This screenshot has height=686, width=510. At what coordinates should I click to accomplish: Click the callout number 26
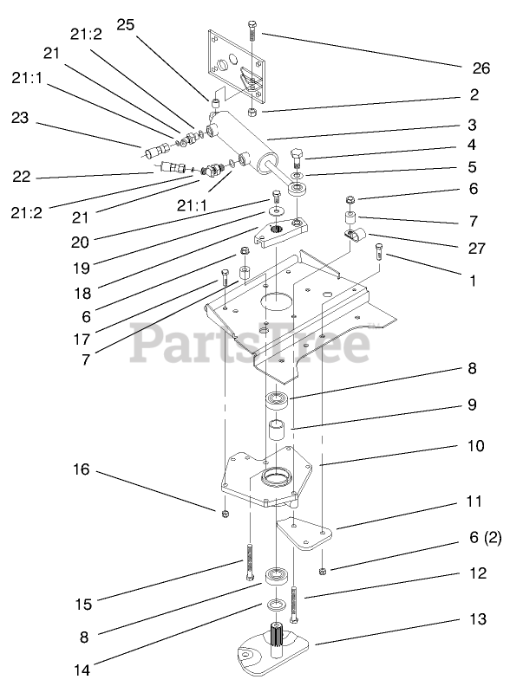click(481, 68)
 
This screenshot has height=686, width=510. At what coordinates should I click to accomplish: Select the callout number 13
click(478, 619)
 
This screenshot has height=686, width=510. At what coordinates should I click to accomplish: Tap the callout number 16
click(81, 469)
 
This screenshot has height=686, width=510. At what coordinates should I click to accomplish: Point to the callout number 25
click(125, 24)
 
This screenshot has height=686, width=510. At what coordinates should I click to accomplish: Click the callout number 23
click(20, 117)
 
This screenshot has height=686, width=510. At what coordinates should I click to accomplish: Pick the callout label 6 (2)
click(486, 537)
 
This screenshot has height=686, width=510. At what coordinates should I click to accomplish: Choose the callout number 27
click(477, 248)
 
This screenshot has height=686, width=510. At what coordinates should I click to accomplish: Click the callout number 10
click(476, 446)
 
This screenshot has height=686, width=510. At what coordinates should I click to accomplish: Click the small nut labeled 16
click(226, 513)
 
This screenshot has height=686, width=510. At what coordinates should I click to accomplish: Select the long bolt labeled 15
click(249, 562)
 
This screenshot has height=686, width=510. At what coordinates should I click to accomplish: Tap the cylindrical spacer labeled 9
click(277, 430)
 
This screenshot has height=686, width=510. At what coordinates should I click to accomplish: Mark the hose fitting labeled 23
click(157, 151)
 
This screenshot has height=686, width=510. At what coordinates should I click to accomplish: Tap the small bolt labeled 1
click(378, 252)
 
